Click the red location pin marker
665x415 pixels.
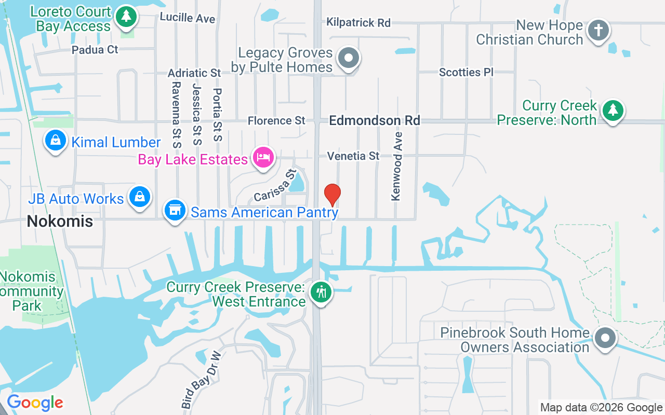pyautogui.click(x=332, y=195)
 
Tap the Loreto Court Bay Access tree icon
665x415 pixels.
pyautogui.click(x=125, y=17)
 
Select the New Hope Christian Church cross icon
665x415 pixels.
pyautogui.click(x=598, y=31)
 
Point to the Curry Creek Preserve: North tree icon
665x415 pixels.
pyautogui.click(x=613, y=110)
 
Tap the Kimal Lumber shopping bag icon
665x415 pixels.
pyautogui.click(x=56, y=140)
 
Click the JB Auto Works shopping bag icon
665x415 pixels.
pyautogui.click(x=140, y=197)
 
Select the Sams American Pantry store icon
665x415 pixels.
pyautogui.click(x=175, y=211)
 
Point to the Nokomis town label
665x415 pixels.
pyautogui.click(x=60, y=222)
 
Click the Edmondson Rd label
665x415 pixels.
pyautogui.click(x=375, y=121)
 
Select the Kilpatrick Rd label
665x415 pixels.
pyautogui.click(x=358, y=22)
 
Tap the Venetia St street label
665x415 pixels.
pyautogui.click(x=353, y=156)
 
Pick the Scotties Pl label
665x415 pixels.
pyautogui.click(x=466, y=72)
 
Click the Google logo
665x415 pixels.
pyautogui.click(x=35, y=403)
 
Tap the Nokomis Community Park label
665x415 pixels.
pyautogui.click(x=31, y=292)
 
